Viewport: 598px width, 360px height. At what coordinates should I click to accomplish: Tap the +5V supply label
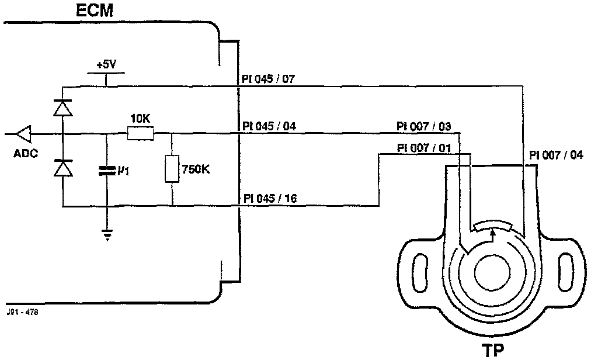coord(106,64)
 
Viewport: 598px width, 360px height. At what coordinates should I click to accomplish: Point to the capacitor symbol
coord(106,171)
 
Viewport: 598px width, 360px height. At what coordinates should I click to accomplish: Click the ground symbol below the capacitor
coord(106,234)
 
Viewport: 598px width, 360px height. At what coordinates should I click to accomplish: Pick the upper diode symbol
coord(62,108)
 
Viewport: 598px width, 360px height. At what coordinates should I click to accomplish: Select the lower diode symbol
coord(62,168)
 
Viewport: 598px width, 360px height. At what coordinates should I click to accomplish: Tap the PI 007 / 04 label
coord(556,155)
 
